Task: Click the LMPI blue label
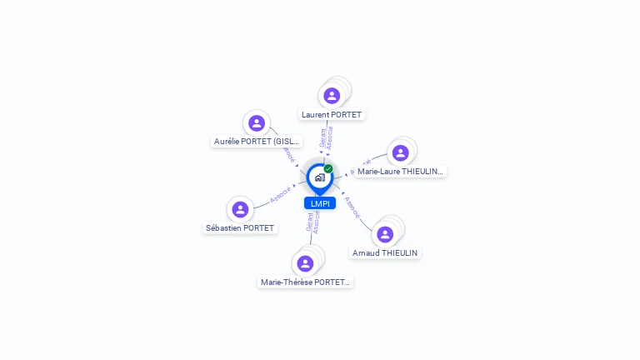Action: [x=319, y=203]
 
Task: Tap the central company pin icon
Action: [x=319, y=177]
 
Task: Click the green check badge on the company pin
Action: [x=328, y=168]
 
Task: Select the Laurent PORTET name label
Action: [x=332, y=114]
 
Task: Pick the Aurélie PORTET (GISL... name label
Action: [x=257, y=142]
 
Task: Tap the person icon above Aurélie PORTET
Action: [x=257, y=123]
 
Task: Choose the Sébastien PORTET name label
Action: [x=240, y=227]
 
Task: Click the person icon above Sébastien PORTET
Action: [x=240, y=209]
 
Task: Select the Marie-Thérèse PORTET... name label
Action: [x=306, y=282]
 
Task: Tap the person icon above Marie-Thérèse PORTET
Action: [x=305, y=263]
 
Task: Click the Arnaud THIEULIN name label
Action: [x=386, y=252]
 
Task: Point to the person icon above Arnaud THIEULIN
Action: [x=385, y=234]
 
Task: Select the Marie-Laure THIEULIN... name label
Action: [x=401, y=171]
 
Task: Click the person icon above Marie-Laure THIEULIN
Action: [x=400, y=152]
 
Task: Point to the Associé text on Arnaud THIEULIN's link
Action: [x=352, y=207]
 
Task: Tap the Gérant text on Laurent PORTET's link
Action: [x=323, y=138]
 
